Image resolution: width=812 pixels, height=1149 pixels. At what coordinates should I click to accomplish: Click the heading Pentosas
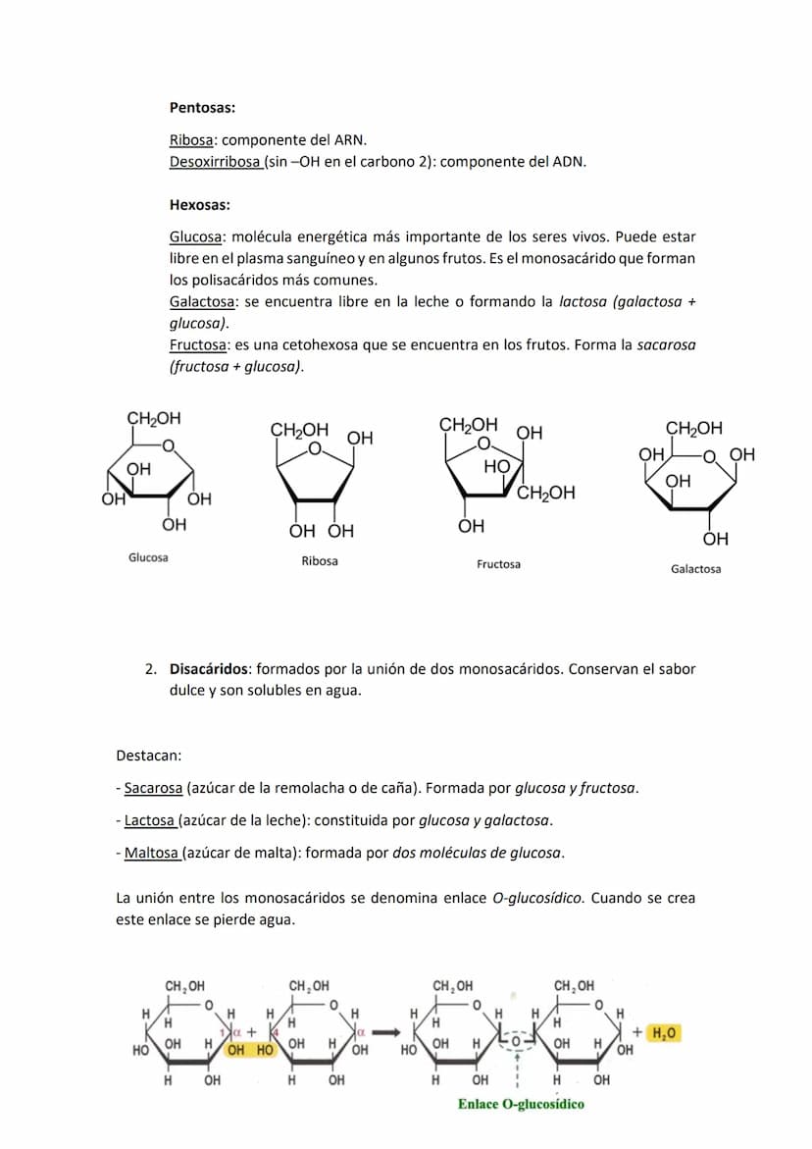(x=201, y=108)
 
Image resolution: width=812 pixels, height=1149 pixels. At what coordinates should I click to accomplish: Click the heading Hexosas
(x=199, y=205)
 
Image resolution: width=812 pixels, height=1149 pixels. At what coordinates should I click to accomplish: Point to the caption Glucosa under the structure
(x=148, y=557)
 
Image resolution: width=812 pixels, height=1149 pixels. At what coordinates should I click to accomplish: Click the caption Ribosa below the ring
(x=320, y=561)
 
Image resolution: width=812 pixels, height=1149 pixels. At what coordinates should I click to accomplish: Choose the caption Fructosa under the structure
(x=498, y=564)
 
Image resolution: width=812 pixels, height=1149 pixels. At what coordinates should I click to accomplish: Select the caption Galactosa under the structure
(x=695, y=569)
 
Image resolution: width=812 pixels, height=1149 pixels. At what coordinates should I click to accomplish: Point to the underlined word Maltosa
(x=151, y=853)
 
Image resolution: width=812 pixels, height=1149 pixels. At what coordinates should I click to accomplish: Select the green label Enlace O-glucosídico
(x=521, y=1105)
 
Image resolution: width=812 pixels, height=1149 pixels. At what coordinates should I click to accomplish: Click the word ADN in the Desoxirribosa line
(x=569, y=161)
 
